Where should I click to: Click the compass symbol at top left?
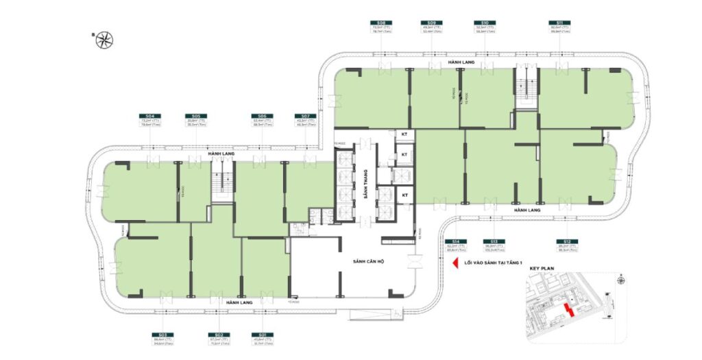click(x=104, y=40)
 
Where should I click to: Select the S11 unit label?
click(x=561, y=22)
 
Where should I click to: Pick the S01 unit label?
click(x=263, y=335)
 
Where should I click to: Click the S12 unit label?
click(x=566, y=242)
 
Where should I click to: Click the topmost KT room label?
click(x=404, y=136)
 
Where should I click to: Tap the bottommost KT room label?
click(x=404, y=195)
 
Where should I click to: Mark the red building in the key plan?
click(x=566, y=310)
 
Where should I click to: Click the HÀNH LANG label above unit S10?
click(x=457, y=62)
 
